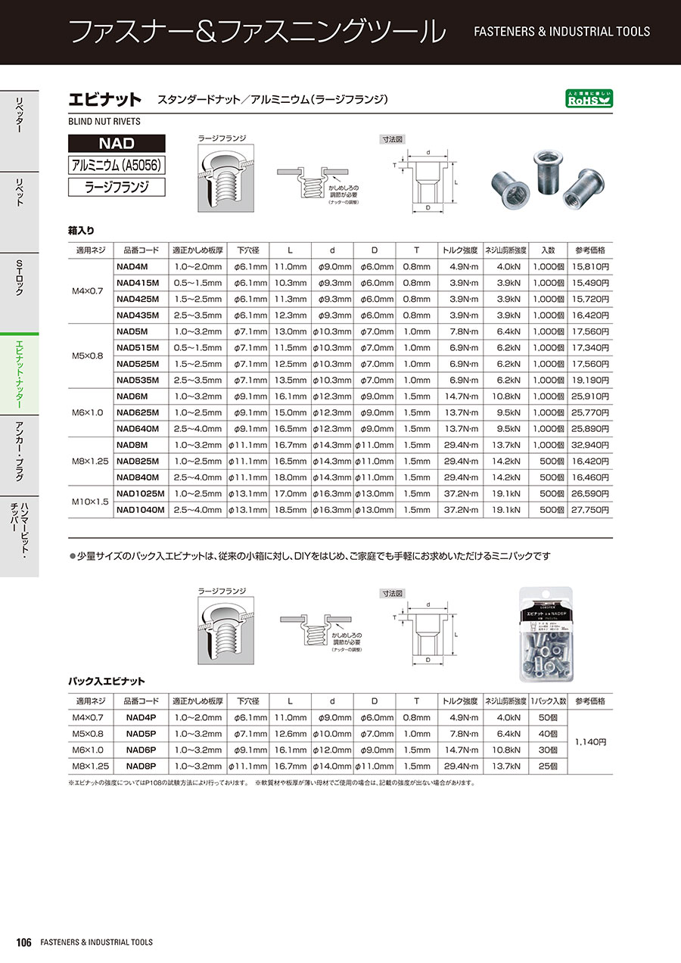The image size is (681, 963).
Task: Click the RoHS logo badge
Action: pos(589,98)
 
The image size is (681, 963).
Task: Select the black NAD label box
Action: pos(117,143)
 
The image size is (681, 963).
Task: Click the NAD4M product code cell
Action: pos(132,266)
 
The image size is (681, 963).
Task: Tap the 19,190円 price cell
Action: pos(592,381)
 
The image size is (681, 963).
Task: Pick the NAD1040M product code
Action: pos(141,511)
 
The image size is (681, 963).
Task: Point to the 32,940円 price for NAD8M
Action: pos(592,446)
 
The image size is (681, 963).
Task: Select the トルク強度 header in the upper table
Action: pos(459,250)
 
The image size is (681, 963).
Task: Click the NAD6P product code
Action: pos(141,750)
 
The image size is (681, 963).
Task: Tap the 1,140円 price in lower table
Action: pos(591,742)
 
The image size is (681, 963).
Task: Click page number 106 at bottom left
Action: pos(23,943)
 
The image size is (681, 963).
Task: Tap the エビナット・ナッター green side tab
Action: pos(19,375)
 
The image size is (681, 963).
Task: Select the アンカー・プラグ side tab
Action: pos(19,449)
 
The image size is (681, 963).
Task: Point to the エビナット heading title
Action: pos(104,99)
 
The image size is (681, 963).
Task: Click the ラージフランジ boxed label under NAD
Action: pos(117,187)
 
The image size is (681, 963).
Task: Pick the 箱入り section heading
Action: pos(81,230)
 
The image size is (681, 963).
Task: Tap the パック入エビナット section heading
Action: pos(106,682)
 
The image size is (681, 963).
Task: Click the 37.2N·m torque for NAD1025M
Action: pos(459,495)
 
